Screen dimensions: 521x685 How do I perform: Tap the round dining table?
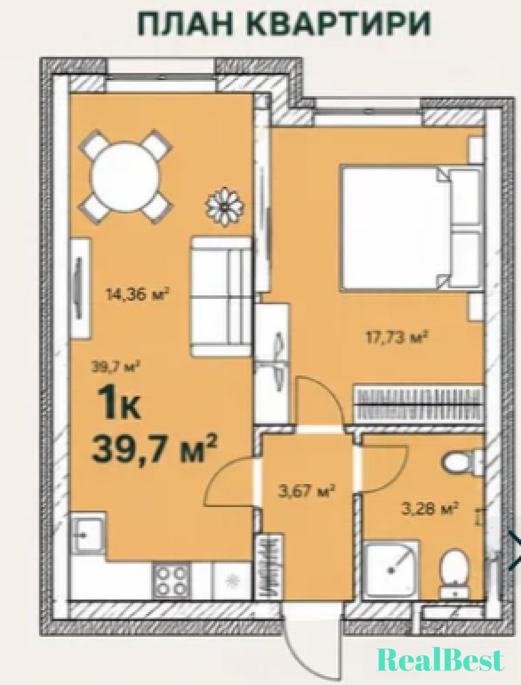click(x=127, y=177)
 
